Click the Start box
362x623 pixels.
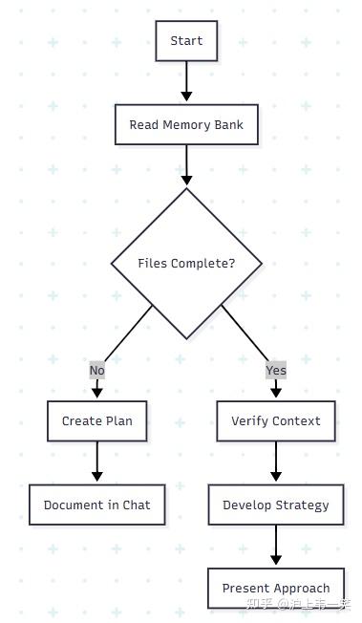click(186, 41)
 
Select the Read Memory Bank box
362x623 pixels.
click(186, 125)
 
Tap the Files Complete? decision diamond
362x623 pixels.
click(186, 264)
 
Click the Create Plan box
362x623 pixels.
click(97, 421)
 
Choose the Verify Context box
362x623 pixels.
click(276, 421)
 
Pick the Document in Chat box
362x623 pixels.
click(97, 505)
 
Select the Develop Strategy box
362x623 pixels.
click(276, 505)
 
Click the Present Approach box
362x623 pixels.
click(276, 589)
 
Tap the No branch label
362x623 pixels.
click(97, 371)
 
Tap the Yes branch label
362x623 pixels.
click(276, 371)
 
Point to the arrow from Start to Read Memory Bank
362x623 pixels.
click(186, 81)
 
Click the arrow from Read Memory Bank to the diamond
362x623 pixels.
click(186, 165)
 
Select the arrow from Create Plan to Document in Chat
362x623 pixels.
click(97, 462)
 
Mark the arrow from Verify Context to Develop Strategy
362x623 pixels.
click(276, 462)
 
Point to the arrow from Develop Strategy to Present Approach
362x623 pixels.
click(276, 546)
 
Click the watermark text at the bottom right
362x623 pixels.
click(298, 604)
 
